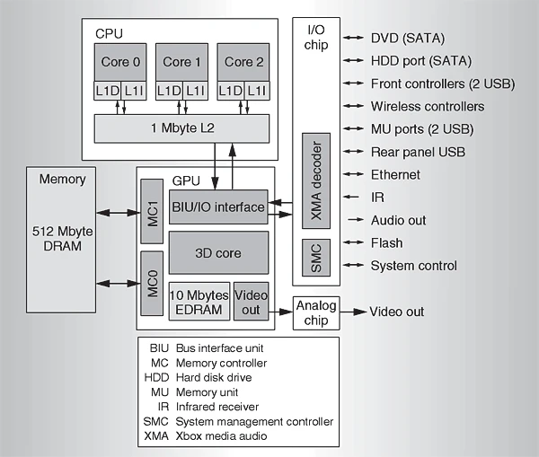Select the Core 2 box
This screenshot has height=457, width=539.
pos(239,62)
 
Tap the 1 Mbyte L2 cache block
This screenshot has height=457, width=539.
pos(181,127)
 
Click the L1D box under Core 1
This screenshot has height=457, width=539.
pos(167,91)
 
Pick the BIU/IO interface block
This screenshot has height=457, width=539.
pos(217,207)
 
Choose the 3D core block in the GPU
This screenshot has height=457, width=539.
pos(217,253)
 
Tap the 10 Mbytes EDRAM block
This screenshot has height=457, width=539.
pos(199,303)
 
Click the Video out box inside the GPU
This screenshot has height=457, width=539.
pos(251,303)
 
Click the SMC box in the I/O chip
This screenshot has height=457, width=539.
pos(315,259)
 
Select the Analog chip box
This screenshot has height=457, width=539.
pos(315,312)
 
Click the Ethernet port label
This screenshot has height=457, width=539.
pos(395,174)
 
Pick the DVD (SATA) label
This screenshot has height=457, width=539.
pos(408,38)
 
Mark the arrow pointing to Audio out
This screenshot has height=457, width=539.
pos(355,220)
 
